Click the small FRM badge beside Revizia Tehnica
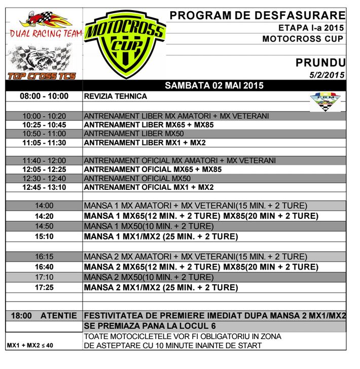325,100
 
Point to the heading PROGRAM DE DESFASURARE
258,16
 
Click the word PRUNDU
320,62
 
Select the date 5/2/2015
327,75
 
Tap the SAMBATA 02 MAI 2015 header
214,86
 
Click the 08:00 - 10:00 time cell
44,96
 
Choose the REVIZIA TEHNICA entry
116,96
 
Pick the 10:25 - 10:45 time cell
44,125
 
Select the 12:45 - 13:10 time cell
44,187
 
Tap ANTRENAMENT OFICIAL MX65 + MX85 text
153,170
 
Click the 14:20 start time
44,216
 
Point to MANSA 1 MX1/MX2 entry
161,237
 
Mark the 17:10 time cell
44,278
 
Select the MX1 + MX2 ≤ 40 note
29,346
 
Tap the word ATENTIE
59,316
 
